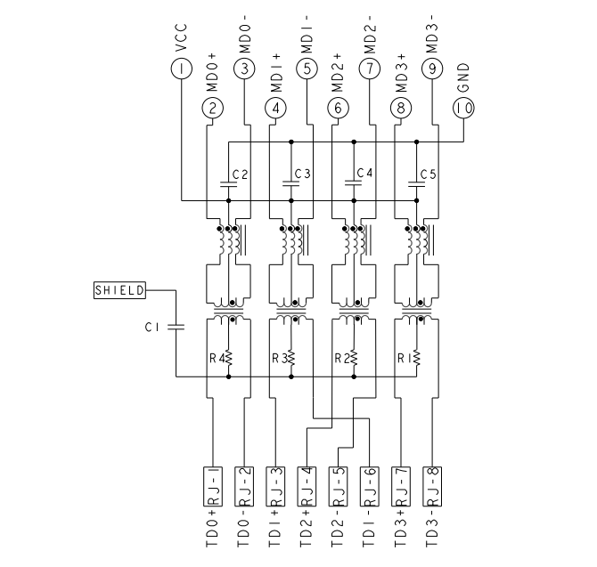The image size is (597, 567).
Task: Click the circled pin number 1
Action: (x=181, y=68)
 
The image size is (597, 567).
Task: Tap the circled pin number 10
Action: (x=463, y=109)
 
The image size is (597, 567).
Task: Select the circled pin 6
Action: (x=338, y=109)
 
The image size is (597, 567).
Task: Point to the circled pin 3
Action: (x=243, y=68)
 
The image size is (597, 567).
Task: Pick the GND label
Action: (x=463, y=77)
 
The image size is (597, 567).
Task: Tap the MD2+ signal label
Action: (x=338, y=72)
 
